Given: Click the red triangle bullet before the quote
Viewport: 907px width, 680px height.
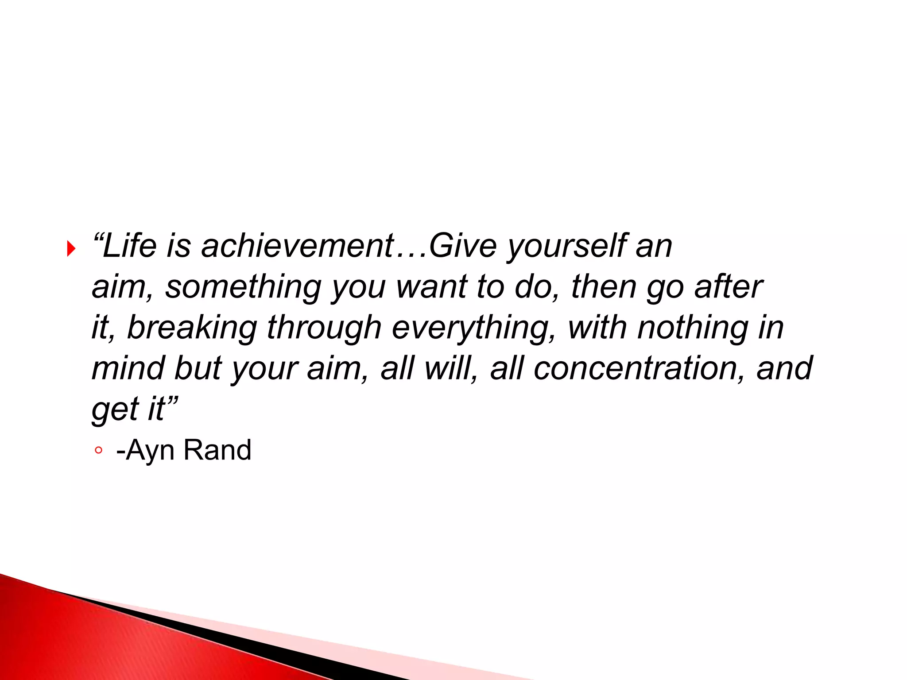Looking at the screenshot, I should (71, 249).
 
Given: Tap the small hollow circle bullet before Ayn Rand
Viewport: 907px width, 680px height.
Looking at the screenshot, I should (98, 451).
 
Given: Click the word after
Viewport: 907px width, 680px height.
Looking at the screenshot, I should (728, 287).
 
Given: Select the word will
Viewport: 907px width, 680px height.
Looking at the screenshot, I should (447, 368).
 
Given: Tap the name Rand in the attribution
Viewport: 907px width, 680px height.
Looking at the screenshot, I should (217, 450).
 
